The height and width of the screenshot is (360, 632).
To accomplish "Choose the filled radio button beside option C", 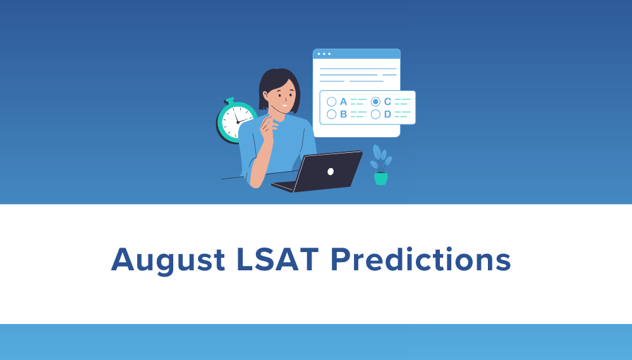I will pyautogui.click(x=375, y=101).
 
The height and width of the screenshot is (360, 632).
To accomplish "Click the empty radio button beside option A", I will pyautogui.click(x=331, y=101).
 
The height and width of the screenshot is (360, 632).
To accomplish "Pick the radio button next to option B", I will pyautogui.click(x=331, y=114).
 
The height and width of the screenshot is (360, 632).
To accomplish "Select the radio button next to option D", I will pyautogui.click(x=375, y=114).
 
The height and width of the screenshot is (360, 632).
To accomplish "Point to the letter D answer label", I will pyautogui.click(x=387, y=114).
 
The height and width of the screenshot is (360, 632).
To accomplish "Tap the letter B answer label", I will pyautogui.click(x=343, y=114).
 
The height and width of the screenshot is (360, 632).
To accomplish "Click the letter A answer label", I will pyautogui.click(x=343, y=101).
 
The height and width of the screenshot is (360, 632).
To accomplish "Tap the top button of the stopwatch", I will pyautogui.click(x=229, y=100).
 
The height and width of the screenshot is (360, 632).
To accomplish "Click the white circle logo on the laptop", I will pyautogui.click(x=330, y=171).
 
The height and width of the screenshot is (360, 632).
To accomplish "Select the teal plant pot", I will pyautogui.click(x=380, y=179).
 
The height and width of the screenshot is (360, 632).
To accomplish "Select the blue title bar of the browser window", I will pyautogui.click(x=356, y=54).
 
